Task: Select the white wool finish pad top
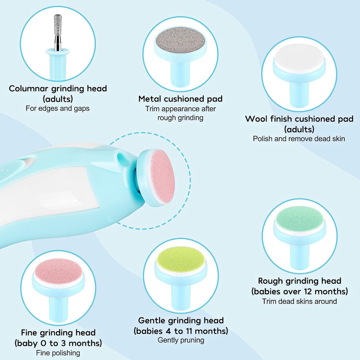click(x=299, y=58)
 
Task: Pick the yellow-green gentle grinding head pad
click(x=181, y=257)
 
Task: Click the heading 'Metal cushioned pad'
click(x=180, y=99)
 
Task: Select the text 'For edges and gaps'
click(x=58, y=108)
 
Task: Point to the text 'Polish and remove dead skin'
click(x=299, y=139)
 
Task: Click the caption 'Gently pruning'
click(x=181, y=340)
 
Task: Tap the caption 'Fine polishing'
click(x=58, y=353)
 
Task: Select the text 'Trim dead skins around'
click(x=300, y=301)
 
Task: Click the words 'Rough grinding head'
click(x=300, y=281)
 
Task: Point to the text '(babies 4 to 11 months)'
click(x=181, y=331)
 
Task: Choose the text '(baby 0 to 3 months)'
click(x=58, y=343)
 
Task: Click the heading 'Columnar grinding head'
click(x=58, y=88)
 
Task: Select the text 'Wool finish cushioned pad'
click(x=299, y=119)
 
